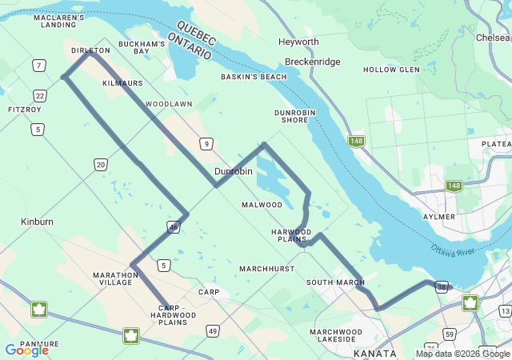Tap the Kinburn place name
[x=37, y=220]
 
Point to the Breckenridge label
[x=313, y=62]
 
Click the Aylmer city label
[x=439, y=217]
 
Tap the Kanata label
[x=374, y=353]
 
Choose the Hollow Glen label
[x=391, y=70]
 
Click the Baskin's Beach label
[x=254, y=77]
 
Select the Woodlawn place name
[x=169, y=104]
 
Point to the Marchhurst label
[x=266, y=269]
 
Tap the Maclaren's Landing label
[x=59, y=21]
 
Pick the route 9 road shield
[x=206, y=144]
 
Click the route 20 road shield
[x=100, y=164]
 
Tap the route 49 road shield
[x=212, y=330]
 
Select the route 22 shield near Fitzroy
[x=40, y=95]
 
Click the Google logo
[x=26, y=350]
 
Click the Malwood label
[x=262, y=205]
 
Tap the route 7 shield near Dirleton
[x=38, y=65]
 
